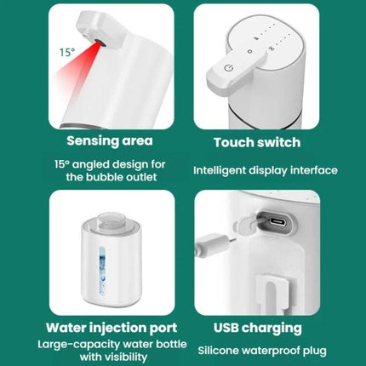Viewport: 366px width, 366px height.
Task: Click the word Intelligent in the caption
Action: pyautogui.click(x=226, y=170)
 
